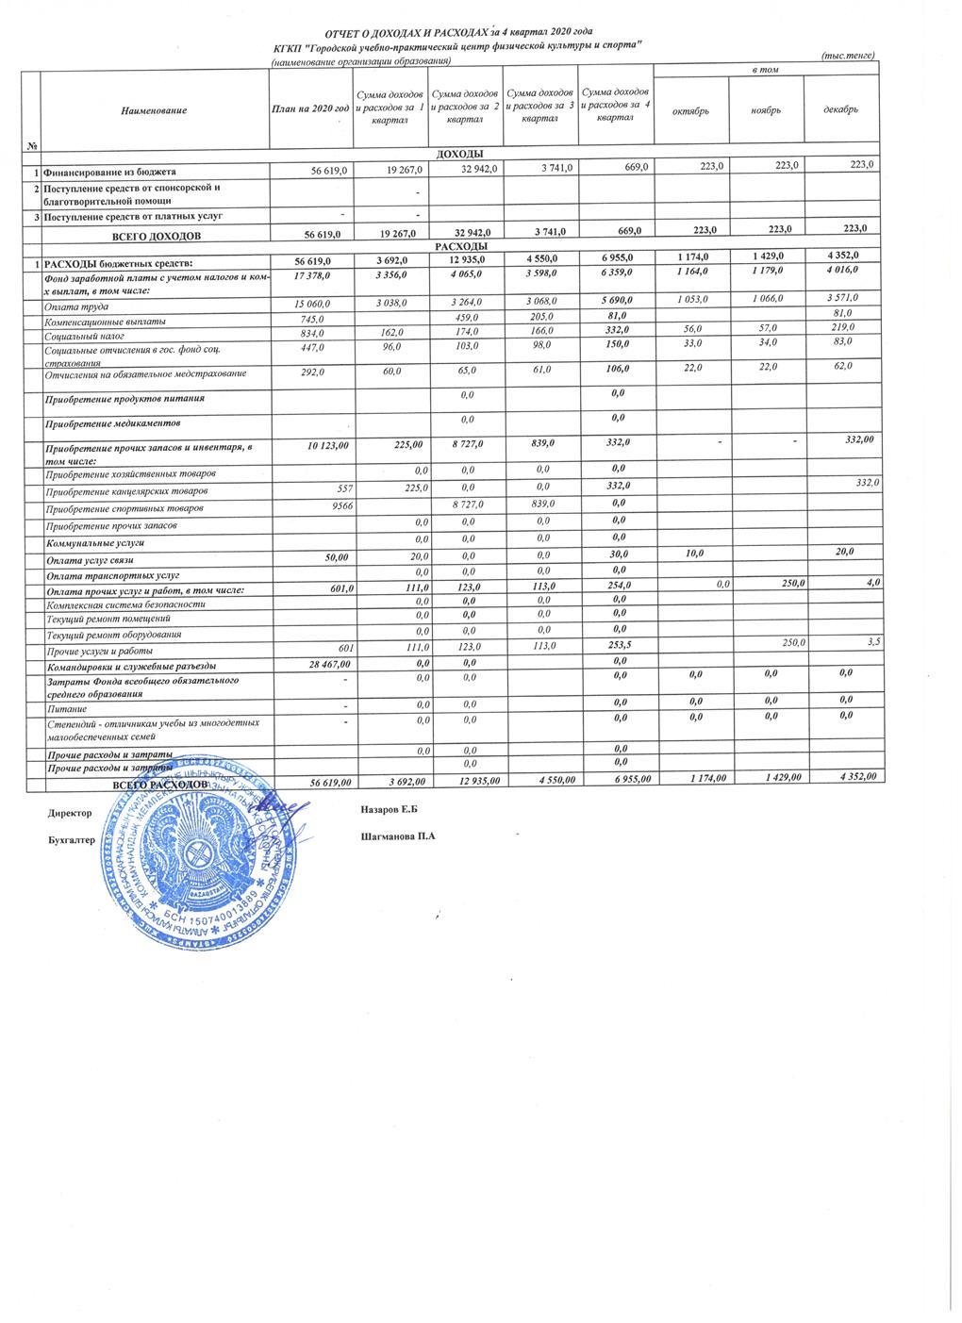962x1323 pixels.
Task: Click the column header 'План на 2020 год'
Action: (x=310, y=111)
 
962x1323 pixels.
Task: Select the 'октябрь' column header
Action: (x=689, y=111)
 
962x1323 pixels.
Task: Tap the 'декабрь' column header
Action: (x=840, y=110)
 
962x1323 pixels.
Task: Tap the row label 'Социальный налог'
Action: (x=84, y=336)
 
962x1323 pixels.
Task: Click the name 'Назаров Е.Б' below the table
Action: (x=389, y=810)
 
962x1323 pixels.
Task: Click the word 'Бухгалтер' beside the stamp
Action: (x=72, y=839)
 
